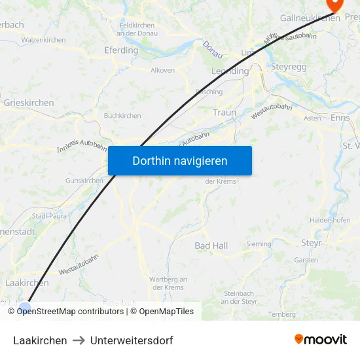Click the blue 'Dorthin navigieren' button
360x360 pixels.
point(179,160)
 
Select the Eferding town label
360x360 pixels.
point(121,50)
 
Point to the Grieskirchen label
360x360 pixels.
point(29,103)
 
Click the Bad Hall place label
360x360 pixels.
point(211,245)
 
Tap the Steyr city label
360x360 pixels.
point(312,243)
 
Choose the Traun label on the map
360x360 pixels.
point(224,113)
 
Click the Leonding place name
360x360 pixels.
point(230,71)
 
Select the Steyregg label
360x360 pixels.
point(289,67)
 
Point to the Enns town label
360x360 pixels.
point(340,118)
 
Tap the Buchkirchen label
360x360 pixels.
point(122,116)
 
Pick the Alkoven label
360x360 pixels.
point(162,70)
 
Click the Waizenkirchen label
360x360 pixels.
point(43,40)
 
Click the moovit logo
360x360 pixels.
point(321,339)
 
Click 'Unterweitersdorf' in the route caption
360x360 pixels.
point(132,340)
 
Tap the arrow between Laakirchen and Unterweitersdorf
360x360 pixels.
point(79,340)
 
